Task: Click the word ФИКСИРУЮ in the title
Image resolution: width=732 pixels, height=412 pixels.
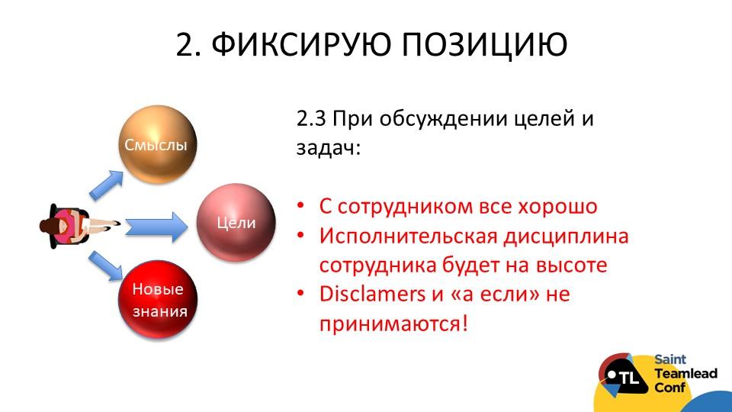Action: click(301, 44)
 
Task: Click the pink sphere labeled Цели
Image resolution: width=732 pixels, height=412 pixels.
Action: click(236, 222)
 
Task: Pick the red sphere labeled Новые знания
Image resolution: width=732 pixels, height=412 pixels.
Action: click(158, 299)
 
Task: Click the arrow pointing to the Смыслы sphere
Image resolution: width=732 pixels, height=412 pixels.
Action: click(106, 185)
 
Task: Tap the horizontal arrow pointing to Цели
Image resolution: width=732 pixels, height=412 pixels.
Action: click(156, 227)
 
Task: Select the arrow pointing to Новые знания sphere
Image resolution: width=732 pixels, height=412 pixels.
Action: click(105, 266)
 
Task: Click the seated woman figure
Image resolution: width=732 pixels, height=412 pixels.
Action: click(75, 226)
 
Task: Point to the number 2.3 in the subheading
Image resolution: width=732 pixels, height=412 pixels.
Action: click(311, 119)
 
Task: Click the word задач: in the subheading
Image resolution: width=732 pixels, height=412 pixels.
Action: click(329, 148)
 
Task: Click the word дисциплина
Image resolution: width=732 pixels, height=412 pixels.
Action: click(566, 237)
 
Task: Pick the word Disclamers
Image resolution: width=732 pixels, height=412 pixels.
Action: click(372, 295)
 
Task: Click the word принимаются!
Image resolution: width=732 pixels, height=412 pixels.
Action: click(393, 323)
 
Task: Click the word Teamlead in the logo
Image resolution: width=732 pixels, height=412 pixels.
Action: click(685, 374)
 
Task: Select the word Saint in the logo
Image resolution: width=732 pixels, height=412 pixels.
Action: click(670, 359)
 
